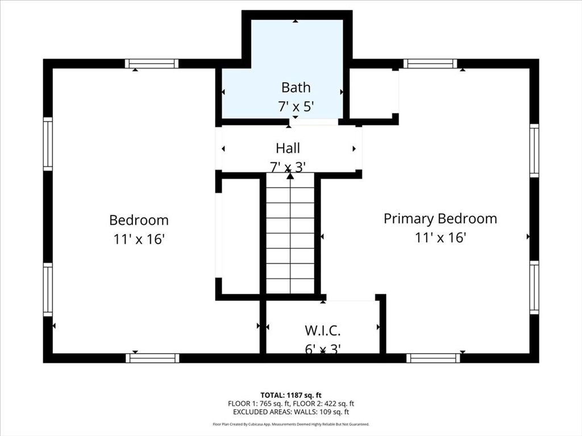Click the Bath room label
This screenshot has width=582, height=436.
click(x=296, y=87)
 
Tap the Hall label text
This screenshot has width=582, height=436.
click(x=288, y=148)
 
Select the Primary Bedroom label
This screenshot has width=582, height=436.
click(x=440, y=219)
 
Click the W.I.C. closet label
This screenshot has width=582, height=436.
click(x=322, y=330)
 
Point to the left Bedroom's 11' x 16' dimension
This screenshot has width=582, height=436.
click(x=139, y=240)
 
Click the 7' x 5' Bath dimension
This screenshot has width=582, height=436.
click(x=296, y=106)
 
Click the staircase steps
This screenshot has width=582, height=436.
click(x=290, y=233)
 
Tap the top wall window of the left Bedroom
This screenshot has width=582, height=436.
click(x=152, y=64)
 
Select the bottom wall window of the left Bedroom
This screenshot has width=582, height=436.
click(x=152, y=358)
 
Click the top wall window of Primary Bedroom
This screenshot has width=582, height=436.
click(x=430, y=64)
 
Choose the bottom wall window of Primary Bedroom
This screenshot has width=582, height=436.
click(x=433, y=358)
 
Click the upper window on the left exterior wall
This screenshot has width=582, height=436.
click(x=48, y=144)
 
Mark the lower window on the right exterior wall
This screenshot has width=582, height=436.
click(x=534, y=287)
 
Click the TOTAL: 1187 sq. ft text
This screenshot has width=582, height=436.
click(x=290, y=395)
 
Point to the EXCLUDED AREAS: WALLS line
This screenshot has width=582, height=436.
click(x=290, y=412)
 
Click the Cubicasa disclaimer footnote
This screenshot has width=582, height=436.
click(x=290, y=424)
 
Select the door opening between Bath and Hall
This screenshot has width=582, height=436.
click(x=314, y=121)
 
